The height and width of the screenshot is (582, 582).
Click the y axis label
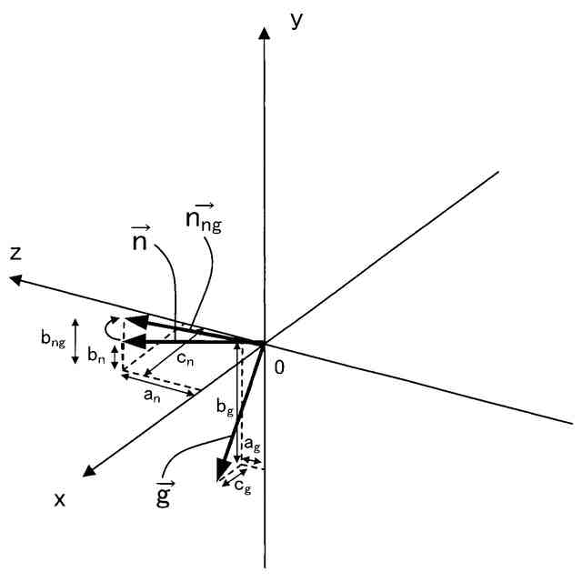coord(296,20)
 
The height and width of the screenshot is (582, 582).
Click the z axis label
coord(15,254)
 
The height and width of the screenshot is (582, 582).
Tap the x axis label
coord(60,498)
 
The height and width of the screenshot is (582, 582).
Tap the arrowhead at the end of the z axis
coord(16,280)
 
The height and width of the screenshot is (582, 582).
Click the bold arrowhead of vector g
coord(220,469)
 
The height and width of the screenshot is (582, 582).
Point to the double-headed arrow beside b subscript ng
coord(76,339)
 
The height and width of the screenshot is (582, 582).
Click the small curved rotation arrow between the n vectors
coord(112,328)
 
